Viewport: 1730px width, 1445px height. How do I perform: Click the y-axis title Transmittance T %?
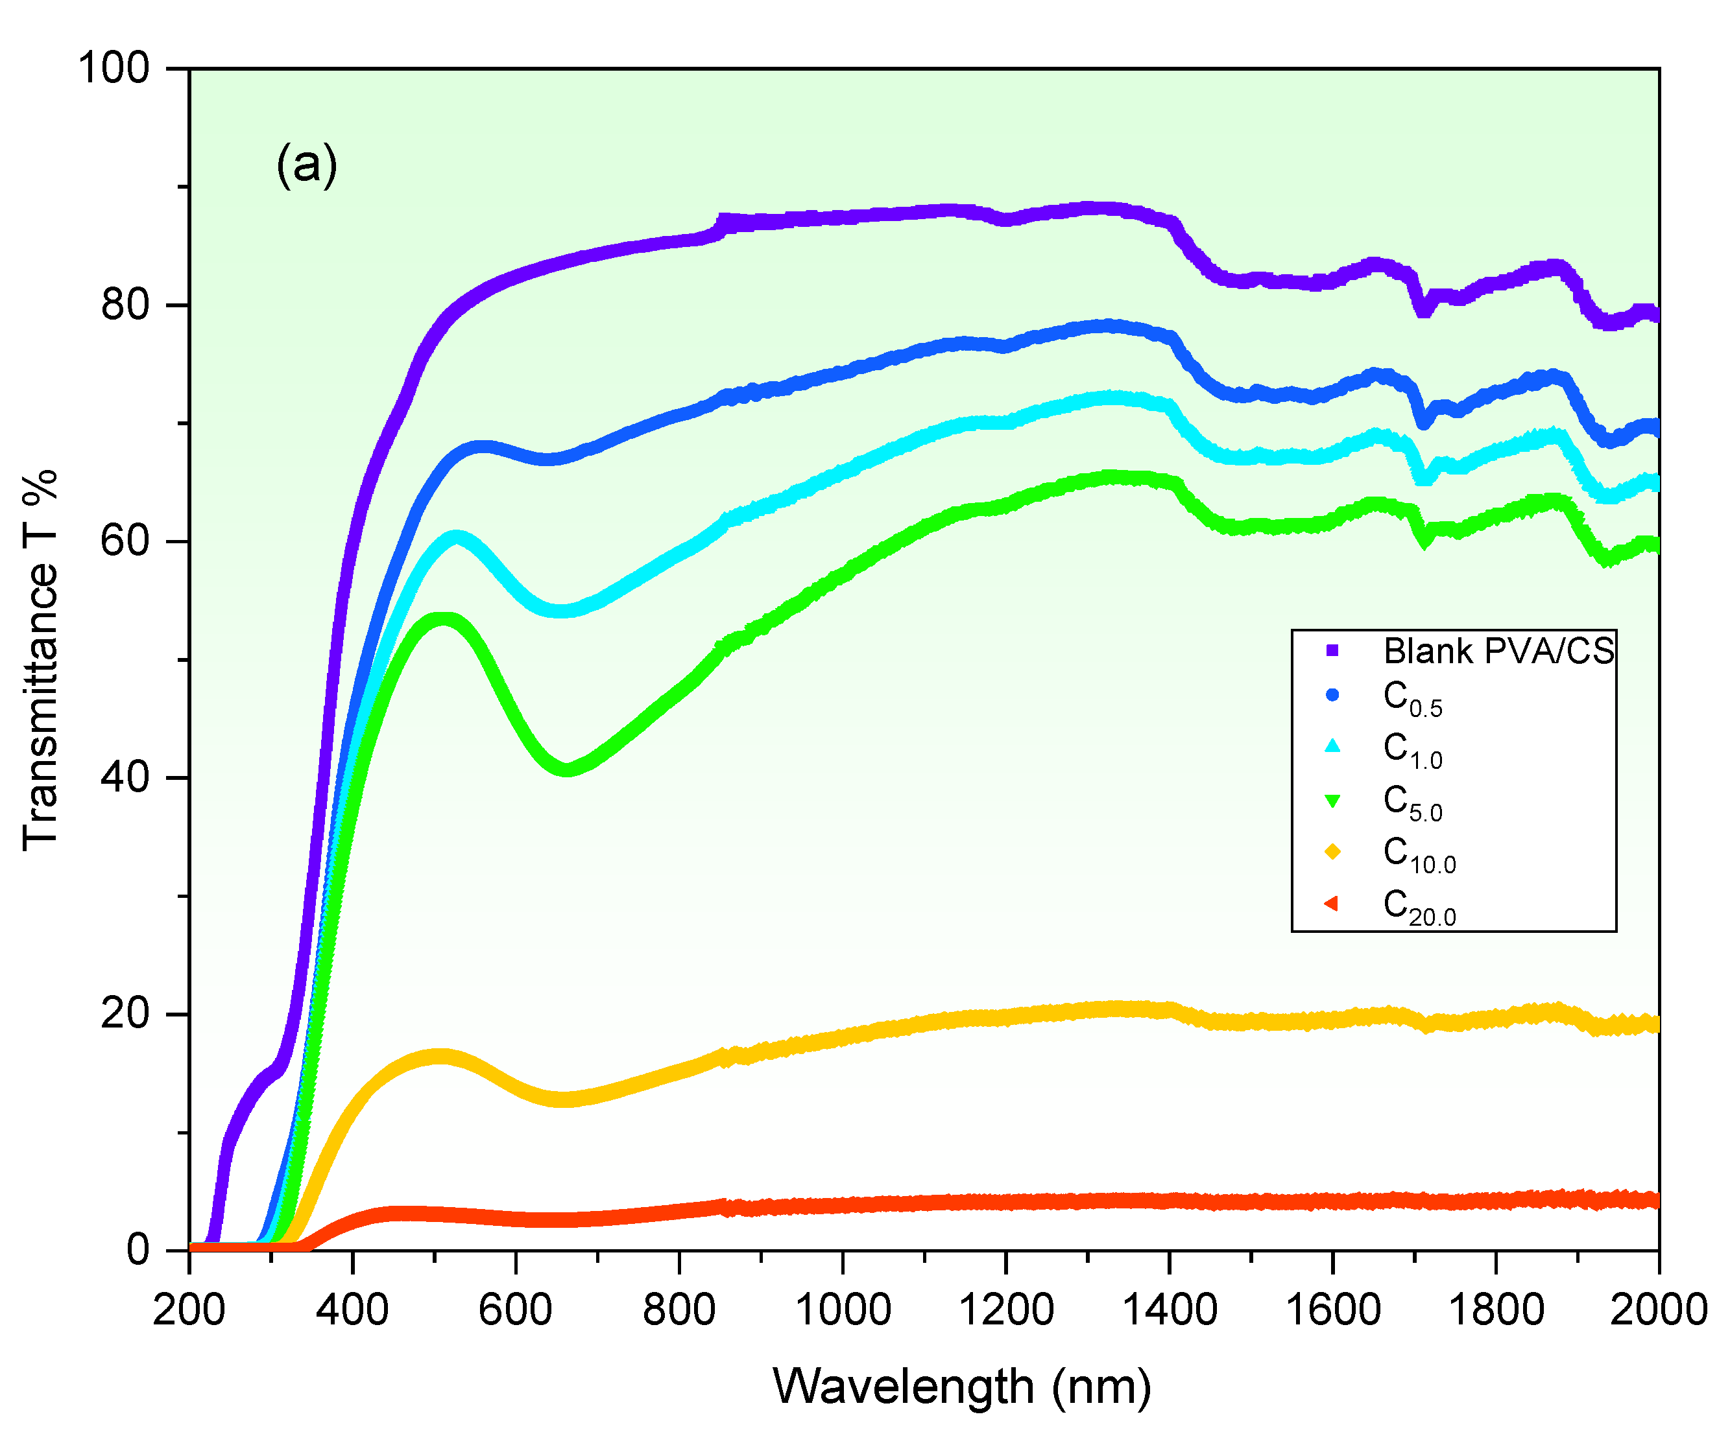pyautogui.click(x=40, y=659)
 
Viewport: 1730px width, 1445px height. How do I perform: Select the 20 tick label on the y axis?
pyautogui.click(x=125, y=1013)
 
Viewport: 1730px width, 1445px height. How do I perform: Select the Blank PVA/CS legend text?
pyautogui.click(x=1498, y=652)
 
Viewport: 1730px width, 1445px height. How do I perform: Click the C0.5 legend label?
pyautogui.click(x=1412, y=699)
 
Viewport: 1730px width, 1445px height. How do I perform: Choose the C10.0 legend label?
pyautogui.click(x=1419, y=854)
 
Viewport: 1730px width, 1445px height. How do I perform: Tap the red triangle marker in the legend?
pyautogui.click(x=1331, y=904)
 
